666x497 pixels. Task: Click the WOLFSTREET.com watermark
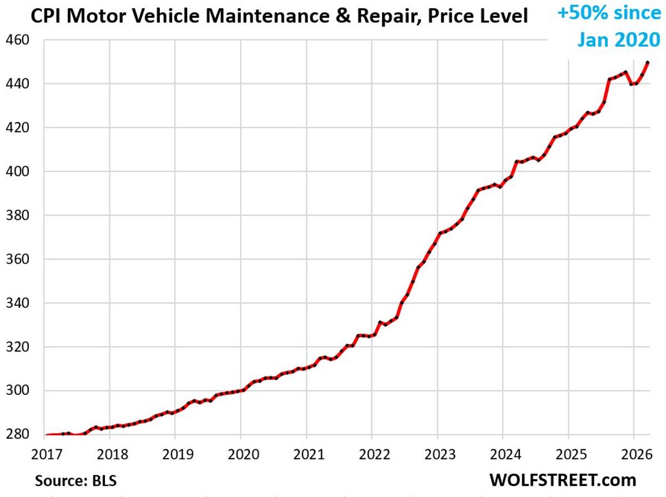563,479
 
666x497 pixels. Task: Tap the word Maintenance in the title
266,17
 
